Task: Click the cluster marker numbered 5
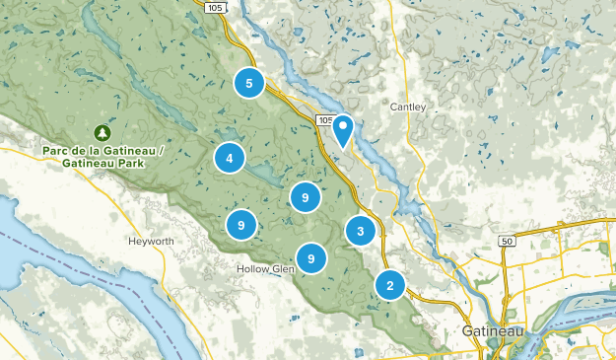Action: click(249, 84)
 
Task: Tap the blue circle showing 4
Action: click(229, 158)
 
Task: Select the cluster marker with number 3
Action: click(361, 232)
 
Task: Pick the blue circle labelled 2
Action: click(390, 286)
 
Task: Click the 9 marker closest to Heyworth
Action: click(241, 226)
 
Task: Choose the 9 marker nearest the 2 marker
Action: click(311, 258)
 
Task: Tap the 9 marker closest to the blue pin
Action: click(307, 198)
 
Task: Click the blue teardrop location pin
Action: click(343, 129)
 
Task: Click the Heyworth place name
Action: click(150, 241)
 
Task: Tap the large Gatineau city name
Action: click(493, 331)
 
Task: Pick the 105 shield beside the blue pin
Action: click(326, 120)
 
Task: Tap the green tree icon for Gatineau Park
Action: click(102, 132)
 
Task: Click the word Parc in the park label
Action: click(58, 150)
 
